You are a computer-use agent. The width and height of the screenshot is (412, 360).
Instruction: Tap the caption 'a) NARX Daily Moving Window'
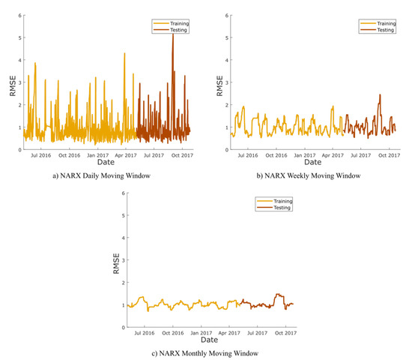103,175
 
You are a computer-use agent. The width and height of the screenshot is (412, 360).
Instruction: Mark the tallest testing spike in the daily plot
172,35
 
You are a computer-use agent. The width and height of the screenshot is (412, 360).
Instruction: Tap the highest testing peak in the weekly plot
380,95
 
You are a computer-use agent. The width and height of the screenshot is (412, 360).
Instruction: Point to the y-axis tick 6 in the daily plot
19,16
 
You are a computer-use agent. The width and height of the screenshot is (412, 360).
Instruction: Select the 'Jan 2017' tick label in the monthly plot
201,333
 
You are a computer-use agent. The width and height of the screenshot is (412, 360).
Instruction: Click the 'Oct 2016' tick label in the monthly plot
172,333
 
